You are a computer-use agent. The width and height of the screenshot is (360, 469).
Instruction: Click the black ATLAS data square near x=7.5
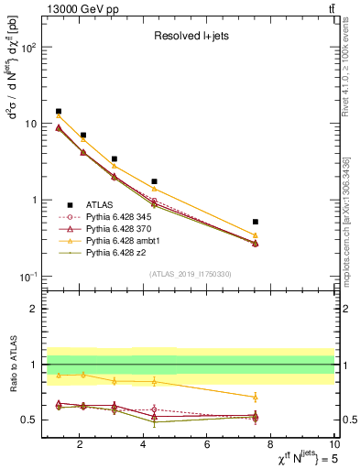(x=256, y=222)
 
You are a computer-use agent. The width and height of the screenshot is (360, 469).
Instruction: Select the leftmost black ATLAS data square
(x=59, y=112)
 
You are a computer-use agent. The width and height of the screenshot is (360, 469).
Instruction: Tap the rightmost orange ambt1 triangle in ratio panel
(x=256, y=397)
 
